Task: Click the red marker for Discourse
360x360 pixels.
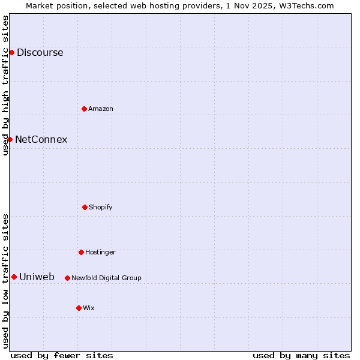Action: [11, 52]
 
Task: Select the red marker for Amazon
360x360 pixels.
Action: [84, 109]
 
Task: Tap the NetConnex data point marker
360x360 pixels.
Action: [10, 139]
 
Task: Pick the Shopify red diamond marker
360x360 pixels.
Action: [85, 207]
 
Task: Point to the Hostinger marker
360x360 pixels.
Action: [81, 252]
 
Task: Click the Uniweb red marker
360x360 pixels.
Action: [14, 277]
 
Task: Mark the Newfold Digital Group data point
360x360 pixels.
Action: [67, 278]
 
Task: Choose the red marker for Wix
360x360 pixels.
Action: [79, 308]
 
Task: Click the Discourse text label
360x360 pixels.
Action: [40, 52]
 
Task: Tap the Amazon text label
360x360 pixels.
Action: [101, 109]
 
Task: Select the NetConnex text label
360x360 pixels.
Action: [41, 139]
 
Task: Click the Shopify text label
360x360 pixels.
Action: [101, 207]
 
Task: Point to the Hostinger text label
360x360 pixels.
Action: [100, 252]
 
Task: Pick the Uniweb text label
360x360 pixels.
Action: [37, 277]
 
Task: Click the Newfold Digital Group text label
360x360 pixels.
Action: [106, 278]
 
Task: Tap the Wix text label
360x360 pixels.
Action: [89, 308]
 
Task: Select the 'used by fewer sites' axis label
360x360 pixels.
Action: [62, 355]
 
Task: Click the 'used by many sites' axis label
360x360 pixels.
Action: [301, 355]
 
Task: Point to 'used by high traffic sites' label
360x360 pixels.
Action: [5, 85]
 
